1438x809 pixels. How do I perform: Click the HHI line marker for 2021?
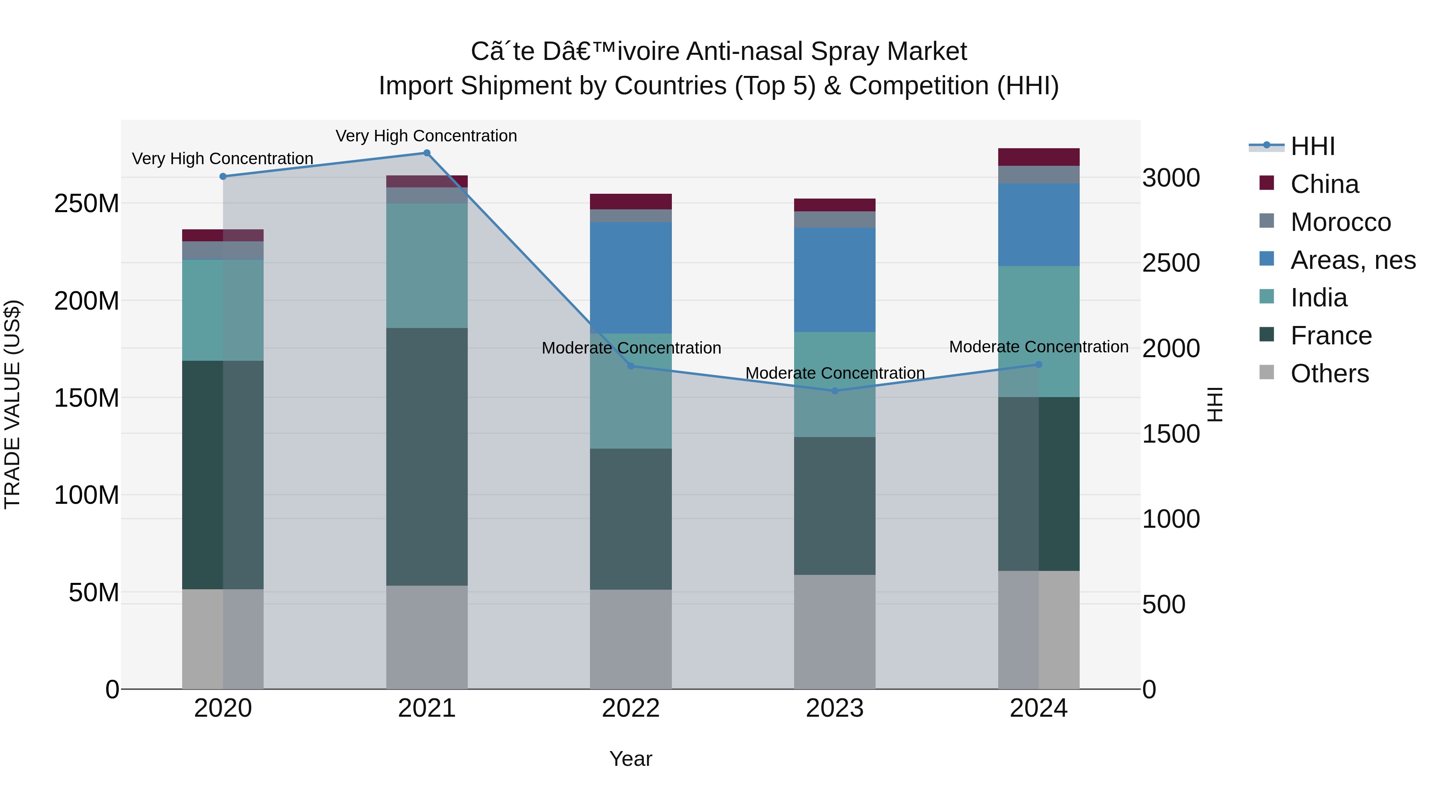[x=427, y=153]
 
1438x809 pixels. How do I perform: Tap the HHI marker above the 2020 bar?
[x=223, y=177]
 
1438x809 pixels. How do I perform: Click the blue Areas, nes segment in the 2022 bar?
[x=631, y=278]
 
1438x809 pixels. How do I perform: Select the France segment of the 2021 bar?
[x=427, y=456]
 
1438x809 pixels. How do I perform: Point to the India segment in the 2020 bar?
[x=223, y=310]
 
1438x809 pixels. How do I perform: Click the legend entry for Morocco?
[x=1340, y=222]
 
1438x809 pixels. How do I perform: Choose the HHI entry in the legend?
[x=1312, y=146]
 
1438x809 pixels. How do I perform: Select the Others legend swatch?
[x=1267, y=372]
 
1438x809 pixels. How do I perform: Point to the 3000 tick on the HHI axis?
[x=1171, y=178]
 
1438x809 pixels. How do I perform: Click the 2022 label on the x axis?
[x=631, y=708]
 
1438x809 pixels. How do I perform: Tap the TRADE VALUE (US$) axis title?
[x=12, y=404]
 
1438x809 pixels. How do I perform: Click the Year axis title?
[x=631, y=759]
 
